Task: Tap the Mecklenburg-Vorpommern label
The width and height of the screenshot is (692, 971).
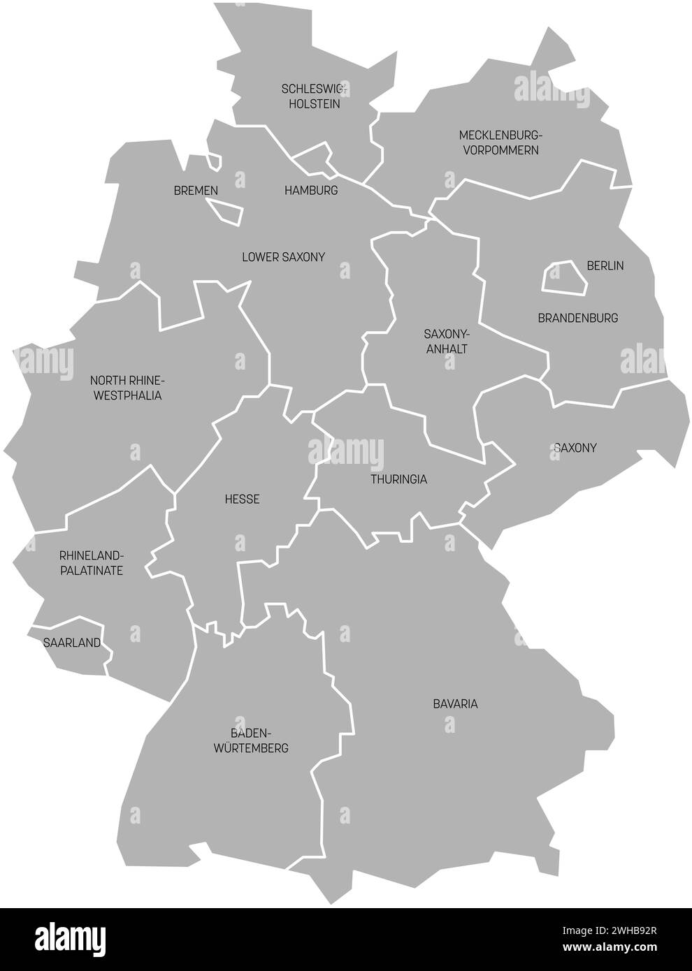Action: point(500,142)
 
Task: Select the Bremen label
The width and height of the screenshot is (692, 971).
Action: point(196,190)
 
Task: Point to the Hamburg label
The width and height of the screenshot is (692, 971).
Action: point(311,190)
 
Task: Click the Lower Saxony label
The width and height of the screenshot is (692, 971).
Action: point(283,257)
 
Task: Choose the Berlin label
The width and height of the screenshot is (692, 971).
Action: point(605,265)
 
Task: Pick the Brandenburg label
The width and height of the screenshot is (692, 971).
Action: point(578,318)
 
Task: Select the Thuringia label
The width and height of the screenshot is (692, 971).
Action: point(399,479)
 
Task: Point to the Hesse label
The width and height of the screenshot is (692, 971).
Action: point(243,499)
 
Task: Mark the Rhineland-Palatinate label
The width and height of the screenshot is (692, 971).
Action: point(92,563)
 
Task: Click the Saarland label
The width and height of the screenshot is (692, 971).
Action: point(72,642)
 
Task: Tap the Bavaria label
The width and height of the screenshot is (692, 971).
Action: point(455,703)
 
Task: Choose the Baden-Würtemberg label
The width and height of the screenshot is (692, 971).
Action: point(259,740)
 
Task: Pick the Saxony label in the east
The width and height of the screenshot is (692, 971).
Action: point(575,447)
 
